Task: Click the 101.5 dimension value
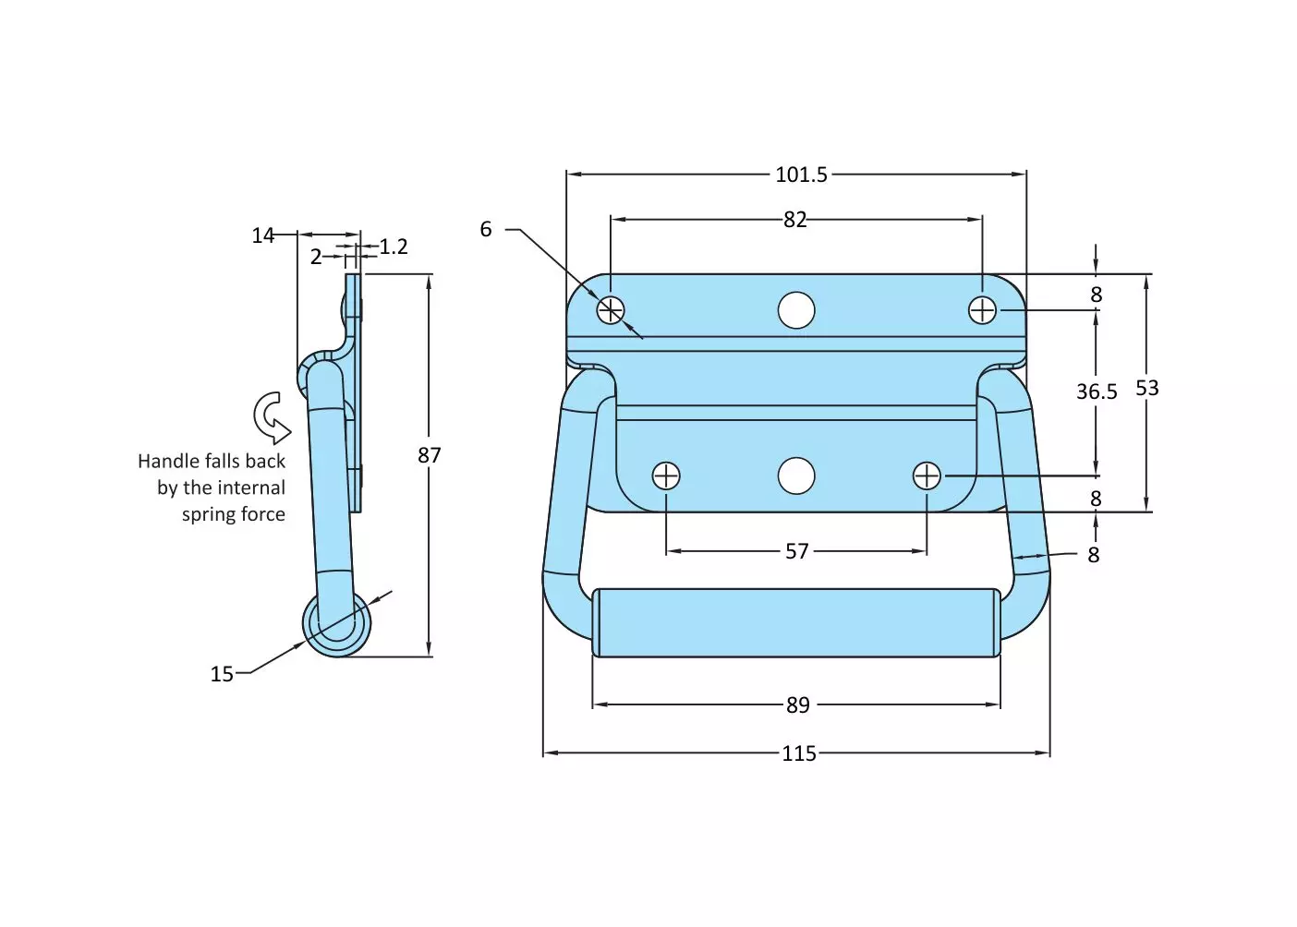point(801,175)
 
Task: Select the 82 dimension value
point(794,220)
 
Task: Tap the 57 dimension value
point(796,551)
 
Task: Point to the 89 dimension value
point(797,705)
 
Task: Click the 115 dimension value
point(798,753)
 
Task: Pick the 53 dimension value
point(1146,388)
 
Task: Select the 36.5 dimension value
point(1096,391)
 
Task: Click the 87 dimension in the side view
point(429,455)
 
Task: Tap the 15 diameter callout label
point(222,674)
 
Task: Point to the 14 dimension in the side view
point(262,235)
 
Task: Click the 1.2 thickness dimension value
point(394,247)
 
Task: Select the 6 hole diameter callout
point(486,229)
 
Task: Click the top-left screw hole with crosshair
point(611,310)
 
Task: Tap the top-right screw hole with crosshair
point(982,310)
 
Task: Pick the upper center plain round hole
point(796,310)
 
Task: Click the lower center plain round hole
point(796,476)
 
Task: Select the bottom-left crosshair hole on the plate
point(666,476)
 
